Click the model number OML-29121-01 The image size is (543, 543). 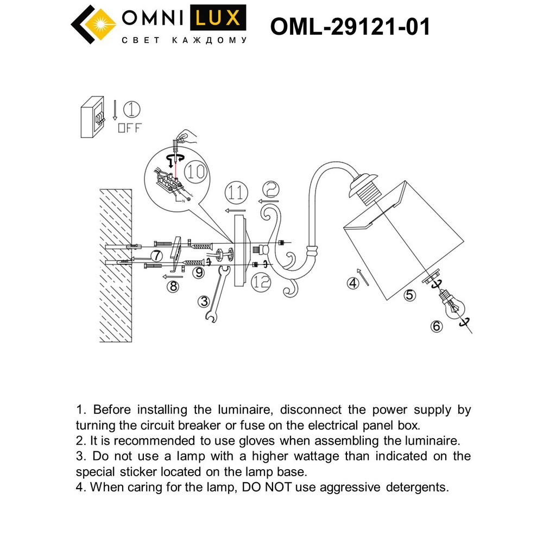[350, 26]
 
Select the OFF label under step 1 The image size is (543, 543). [129, 129]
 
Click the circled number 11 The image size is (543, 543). [235, 193]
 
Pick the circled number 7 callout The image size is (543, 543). [156, 255]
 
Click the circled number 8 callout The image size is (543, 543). [173, 286]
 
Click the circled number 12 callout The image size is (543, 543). [261, 280]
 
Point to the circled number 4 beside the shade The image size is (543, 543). [353, 282]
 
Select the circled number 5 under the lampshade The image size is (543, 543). [409, 295]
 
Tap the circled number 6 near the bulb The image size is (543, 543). [437, 326]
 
